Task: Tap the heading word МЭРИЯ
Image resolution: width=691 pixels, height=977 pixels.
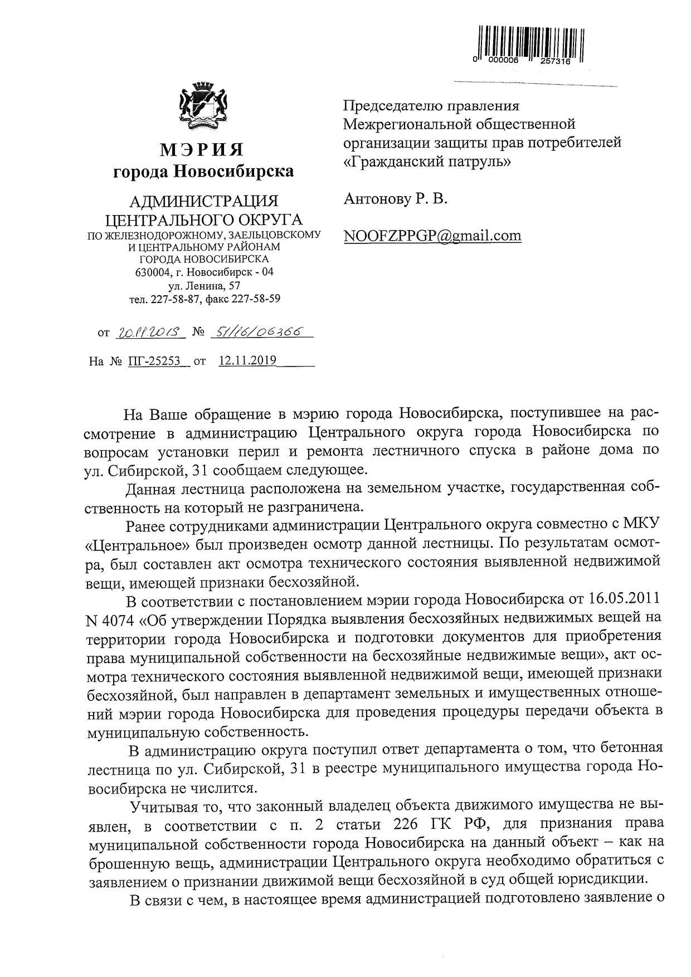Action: (x=203, y=149)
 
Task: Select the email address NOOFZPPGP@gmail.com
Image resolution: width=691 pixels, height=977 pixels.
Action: (x=432, y=236)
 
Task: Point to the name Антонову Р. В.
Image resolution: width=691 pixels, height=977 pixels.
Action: (x=395, y=199)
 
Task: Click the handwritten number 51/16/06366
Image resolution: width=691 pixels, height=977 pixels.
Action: (x=261, y=333)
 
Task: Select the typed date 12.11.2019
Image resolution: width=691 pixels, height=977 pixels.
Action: (x=248, y=360)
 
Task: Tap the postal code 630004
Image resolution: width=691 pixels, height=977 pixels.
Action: (x=153, y=272)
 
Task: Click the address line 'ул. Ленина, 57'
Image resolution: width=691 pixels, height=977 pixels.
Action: (x=204, y=286)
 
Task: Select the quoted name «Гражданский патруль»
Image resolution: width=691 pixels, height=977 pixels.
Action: (x=427, y=162)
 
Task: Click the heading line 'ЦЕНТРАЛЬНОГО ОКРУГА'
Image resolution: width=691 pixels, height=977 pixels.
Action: (x=204, y=219)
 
